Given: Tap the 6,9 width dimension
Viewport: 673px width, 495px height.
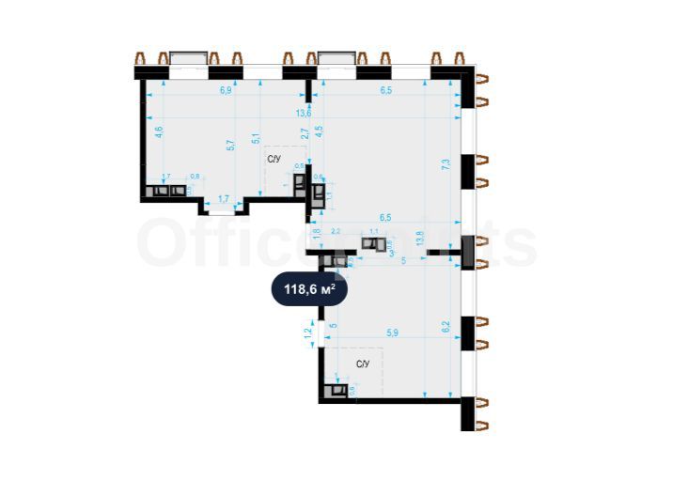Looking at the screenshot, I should coord(226,91).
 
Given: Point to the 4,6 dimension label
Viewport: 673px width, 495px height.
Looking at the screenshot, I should coord(159,131).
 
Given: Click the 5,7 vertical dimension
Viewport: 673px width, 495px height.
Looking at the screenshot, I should coord(230,146).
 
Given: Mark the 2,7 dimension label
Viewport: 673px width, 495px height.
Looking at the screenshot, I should coord(305,133).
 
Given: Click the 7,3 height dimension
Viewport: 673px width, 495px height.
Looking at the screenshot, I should coord(446,162).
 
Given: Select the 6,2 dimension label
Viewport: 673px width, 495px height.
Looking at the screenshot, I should coord(446,328).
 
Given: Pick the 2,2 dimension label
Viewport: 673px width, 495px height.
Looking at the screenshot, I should coord(336,230).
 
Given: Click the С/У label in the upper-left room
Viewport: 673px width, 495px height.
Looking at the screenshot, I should coord(274,160).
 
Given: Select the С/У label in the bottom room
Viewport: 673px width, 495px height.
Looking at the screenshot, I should coord(362,363).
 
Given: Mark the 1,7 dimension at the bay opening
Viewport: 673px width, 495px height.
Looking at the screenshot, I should coord(224,198).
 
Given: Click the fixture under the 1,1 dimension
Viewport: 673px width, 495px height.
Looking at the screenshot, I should coord(374,246).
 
